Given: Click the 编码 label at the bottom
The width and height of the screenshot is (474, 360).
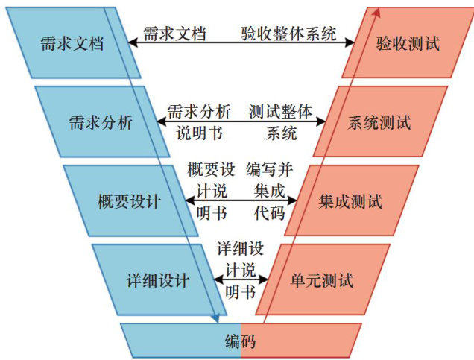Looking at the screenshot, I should click(x=240, y=342).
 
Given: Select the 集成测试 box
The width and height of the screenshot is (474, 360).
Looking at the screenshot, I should click(x=350, y=201).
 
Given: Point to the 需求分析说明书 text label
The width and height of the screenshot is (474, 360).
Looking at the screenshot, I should click(x=198, y=122).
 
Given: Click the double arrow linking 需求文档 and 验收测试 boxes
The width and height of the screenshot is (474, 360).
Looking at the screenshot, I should click(x=238, y=43).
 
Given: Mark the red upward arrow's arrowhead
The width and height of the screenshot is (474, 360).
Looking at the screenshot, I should click(x=377, y=10).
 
